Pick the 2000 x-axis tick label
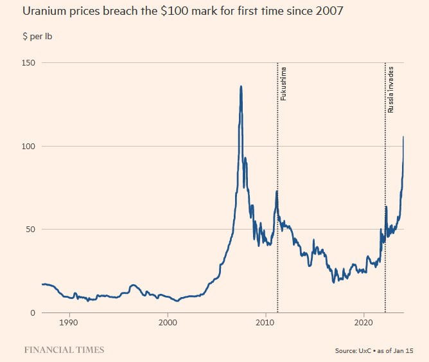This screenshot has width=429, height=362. point(168,322)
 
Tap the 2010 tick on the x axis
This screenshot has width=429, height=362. point(265,322)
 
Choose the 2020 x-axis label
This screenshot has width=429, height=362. point(363,322)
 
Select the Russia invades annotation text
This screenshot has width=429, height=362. point(390,89)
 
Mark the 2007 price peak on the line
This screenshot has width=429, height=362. point(241,86)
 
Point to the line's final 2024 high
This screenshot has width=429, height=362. point(403,137)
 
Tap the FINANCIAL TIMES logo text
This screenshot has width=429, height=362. point(64,350)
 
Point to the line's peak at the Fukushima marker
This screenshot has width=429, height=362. point(277,191)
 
